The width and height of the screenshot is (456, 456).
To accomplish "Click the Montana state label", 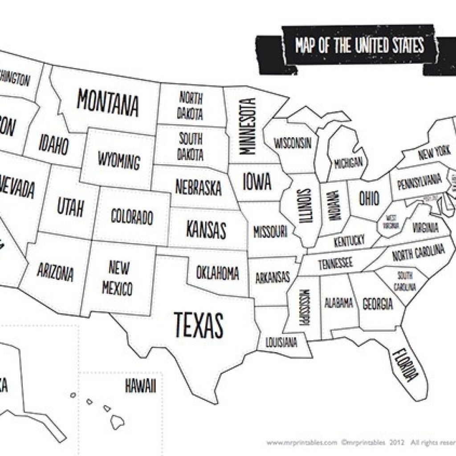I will click(107, 102).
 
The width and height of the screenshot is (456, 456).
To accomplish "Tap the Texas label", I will click(198, 324).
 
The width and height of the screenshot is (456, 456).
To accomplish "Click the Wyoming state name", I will click(118, 160).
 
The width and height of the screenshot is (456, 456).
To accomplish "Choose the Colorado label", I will click(131, 217).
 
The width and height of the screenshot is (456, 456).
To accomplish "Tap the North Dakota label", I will click(191, 105).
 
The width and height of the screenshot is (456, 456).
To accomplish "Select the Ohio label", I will click(369, 198).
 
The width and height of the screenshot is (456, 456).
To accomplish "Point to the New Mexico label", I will click(118, 278).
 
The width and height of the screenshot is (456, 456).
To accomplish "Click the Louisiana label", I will click(281, 343).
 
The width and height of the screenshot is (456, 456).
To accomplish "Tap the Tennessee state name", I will click(335, 263).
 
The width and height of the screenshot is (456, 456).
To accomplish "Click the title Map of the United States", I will click(359, 46).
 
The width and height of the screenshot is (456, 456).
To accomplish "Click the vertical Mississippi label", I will click(304, 307).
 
